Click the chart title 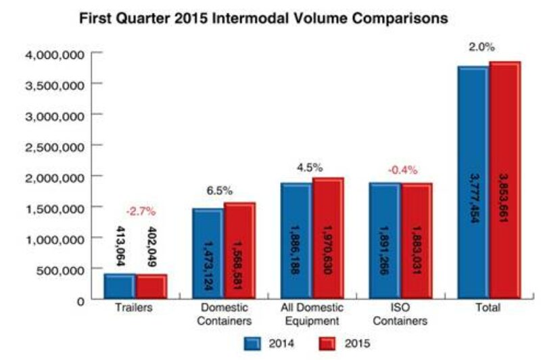coord(264,18)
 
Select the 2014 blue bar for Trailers coord(119,286)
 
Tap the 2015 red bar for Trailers coord(150,286)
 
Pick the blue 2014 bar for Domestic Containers coord(207,254)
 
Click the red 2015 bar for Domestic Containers coord(239,250)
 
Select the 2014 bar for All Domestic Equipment coord(296,240)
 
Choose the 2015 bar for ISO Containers coord(416,240)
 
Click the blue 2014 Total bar coord(473,183)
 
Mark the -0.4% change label coord(402,170)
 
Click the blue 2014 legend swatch coord(252,343)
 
